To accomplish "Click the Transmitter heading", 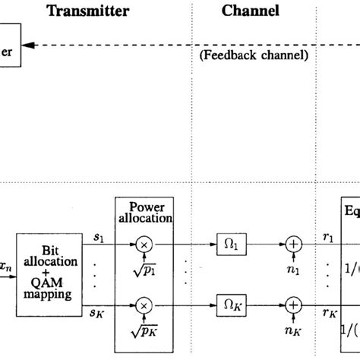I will click(87, 11).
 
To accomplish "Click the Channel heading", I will click(250, 11).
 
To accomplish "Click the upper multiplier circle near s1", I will click(141, 246).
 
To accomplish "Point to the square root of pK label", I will click(141, 327).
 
